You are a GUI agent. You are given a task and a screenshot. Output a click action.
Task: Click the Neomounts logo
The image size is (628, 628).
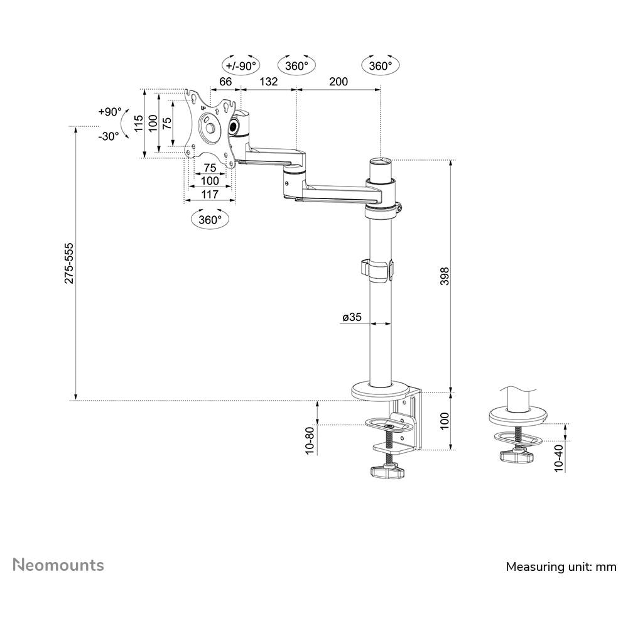tap(58, 565)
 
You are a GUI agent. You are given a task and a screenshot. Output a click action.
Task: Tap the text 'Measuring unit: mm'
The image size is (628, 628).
tap(561, 566)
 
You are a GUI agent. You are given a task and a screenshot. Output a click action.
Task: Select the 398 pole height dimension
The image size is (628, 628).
tap(445, 276)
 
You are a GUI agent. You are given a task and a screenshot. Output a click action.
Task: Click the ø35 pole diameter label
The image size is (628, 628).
tap(352, 317)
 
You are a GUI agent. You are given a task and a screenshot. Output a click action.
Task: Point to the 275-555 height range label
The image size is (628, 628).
tap(70, 263)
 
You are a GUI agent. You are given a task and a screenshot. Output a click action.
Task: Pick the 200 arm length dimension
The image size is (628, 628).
tap(338, 81)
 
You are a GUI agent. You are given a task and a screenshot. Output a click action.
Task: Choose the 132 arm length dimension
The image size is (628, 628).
tap(268, 81)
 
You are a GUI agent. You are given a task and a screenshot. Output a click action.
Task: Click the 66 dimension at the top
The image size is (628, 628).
tap(225, 81)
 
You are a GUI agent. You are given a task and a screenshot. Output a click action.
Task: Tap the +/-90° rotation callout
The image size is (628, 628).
tap(241, 66)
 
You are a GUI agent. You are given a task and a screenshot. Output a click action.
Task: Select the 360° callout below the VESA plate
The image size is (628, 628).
tap(210, 219)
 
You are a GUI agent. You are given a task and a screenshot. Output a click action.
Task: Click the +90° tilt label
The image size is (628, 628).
tap(110, 112)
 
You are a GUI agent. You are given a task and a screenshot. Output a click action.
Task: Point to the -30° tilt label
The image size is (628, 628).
tap(109, 136)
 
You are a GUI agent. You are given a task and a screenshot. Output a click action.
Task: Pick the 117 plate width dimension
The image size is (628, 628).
tap(210, 194)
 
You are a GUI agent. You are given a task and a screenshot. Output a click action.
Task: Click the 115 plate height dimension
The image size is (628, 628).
tap(139, 123)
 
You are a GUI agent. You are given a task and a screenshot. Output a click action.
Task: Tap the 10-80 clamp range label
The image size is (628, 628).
tap(310, 441)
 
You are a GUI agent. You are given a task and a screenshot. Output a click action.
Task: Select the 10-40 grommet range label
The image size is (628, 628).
tap(559, 458)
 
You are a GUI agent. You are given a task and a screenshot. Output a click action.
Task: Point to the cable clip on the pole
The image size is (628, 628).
tap(377, 270)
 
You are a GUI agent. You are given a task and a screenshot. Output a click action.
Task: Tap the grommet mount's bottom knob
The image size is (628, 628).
tap(517, 456)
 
